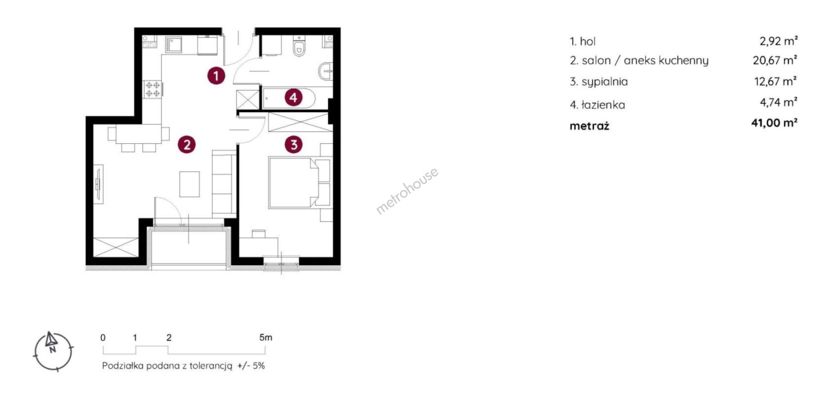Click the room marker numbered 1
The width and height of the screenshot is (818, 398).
[216, 76]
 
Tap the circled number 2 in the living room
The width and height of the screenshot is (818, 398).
[187, 145]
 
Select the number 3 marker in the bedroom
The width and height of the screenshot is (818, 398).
[294, 145]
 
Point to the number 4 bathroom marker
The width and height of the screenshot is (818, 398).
[293, 98]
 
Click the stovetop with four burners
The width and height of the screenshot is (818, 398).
[153, 89]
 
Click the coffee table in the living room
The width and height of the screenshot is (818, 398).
[190, 184]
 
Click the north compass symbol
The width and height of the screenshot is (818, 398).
[53, 351]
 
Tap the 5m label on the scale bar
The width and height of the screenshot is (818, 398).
[265, 337]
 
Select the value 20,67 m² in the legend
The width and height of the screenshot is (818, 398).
[775, 60]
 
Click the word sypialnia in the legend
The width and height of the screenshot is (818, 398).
[605, 81]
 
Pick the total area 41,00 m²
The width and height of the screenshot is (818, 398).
[774, 123]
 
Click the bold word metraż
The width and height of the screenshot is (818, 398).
[590, 126]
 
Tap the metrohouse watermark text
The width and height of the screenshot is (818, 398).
[407, 191]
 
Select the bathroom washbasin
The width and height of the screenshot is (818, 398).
[326, 71]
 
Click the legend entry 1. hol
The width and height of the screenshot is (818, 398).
[582, 41]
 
